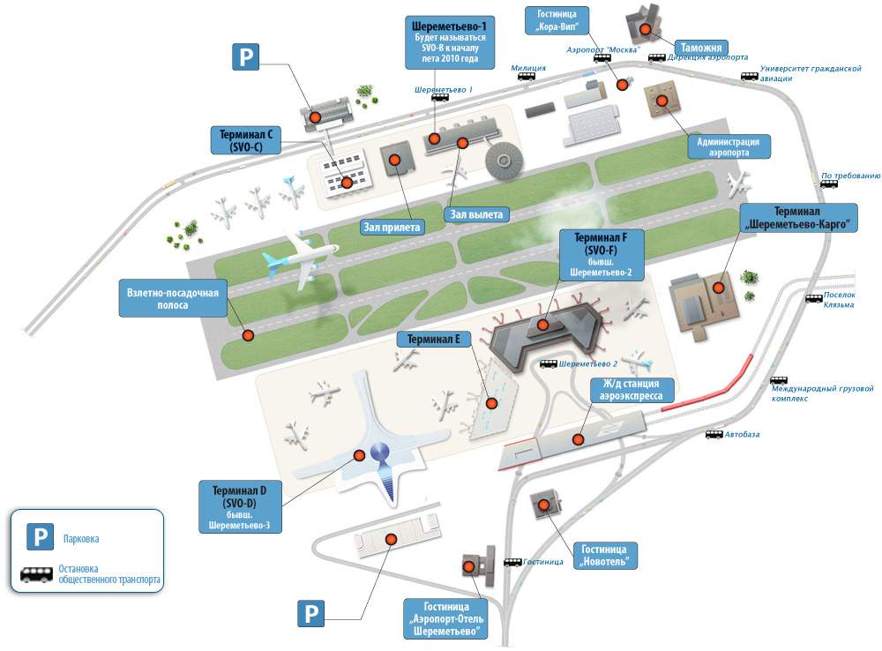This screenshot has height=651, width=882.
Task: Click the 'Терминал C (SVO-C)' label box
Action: click(x=245, y=139)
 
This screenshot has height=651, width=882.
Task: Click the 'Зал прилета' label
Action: click(x=392, y=227)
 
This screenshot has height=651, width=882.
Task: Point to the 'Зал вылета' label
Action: click(x=475, y=213)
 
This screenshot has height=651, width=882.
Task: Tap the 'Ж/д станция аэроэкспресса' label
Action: click(x=632, y=390)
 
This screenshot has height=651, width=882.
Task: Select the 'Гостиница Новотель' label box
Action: click(x=604, y=556)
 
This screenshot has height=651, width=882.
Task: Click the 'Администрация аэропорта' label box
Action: click(x=729, y=146)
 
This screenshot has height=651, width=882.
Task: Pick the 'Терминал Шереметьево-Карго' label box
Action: click(x=798, y=219)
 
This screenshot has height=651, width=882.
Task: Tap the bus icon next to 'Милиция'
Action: click(x=527, y=76)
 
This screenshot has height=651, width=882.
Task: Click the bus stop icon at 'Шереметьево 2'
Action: click(x=549, y=363)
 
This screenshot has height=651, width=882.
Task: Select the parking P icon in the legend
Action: click(x=39, y=537)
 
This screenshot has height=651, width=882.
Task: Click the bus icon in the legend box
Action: click(x=37, y=574)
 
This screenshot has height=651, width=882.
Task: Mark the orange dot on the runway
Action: click(x=248, y=335)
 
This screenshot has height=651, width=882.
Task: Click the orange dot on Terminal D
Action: click(x=360, y=455)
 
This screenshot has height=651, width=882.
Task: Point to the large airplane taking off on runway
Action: click(x=300, y=258)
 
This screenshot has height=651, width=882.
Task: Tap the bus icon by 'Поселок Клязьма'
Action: click(x=814, y=298)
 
